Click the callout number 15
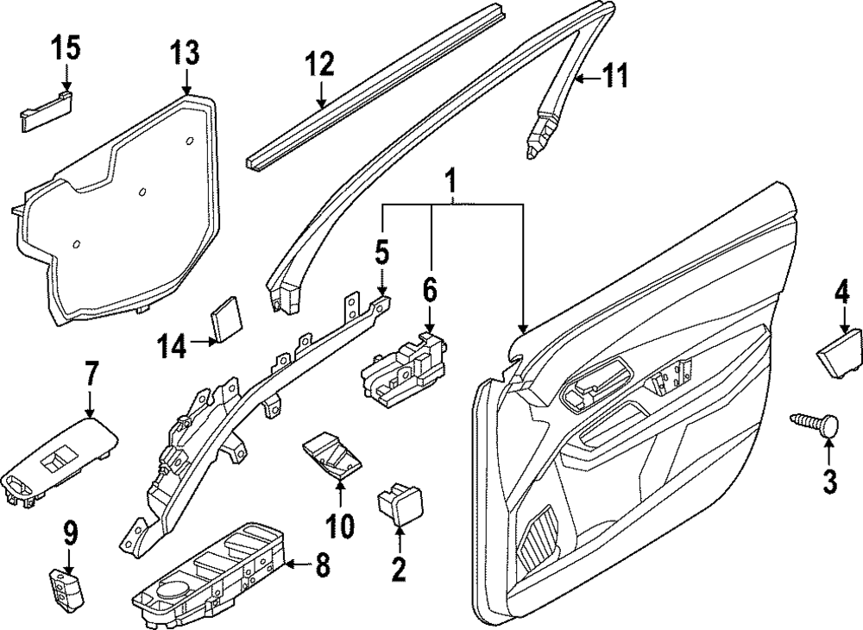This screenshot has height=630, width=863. coord(65,48)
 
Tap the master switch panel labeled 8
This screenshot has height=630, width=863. coord(211,576)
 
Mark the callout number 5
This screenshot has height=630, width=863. coord(382,254)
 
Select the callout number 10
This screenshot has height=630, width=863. coord(340,524)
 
